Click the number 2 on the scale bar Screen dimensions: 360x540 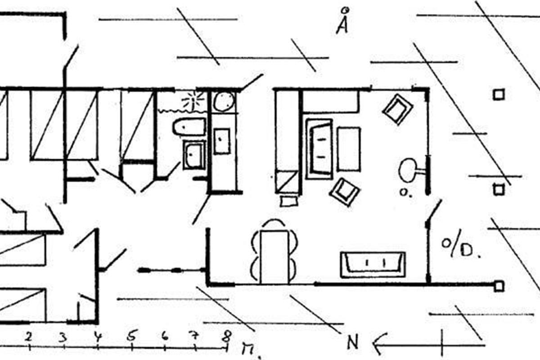29,336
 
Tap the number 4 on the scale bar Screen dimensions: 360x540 97,336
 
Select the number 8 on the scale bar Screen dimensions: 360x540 227,336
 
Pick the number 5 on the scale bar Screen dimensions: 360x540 131,336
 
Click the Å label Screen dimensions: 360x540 343,23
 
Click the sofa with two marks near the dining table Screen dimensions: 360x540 373,264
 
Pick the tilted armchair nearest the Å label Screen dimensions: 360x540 397,109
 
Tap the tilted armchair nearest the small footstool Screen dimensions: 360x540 345,191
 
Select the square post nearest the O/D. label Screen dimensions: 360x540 499,189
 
